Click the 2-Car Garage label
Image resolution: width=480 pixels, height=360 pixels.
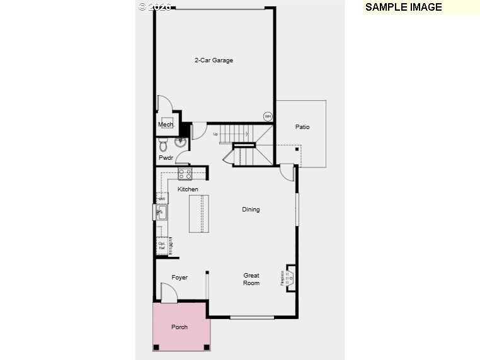pyautogui.click(x=214, y=60)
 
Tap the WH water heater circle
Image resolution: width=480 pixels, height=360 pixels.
pyautogui.click(x=268, y=116)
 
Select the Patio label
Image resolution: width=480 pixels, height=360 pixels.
pyautogui.click(x=302, y=127)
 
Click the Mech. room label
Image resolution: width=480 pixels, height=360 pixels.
pyautogui.click(x=166, y=125)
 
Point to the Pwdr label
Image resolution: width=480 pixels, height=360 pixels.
pyautogui.click(x=166, y=158)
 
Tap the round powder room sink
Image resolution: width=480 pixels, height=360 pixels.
pyautogui.click(x=181, y=142)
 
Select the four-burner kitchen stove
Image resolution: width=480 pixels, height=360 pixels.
pyautogui.click(x=185, y=173)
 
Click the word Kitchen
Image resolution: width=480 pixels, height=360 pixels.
pyautogui.click(x=188, y=189)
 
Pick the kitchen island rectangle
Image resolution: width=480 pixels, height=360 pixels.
pyautogui.click(x=199, y=214)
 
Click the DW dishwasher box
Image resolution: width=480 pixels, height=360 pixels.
pyautogui.click(x=162, y=199)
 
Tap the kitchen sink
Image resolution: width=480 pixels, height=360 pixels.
pyautogui.click(x=161, y=213)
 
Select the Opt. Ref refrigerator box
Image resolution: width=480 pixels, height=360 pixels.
pyautogui.click(x=162, y=245)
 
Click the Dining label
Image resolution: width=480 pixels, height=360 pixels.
pyautogui.click(x=251, y=210)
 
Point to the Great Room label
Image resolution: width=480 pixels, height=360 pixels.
pyautogui.click(x=251, y=279)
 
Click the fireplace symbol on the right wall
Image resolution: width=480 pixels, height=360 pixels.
pyautogui.click(x=289, y=277)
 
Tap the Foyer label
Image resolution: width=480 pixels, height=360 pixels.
pyautogui.click(x=180, y=278)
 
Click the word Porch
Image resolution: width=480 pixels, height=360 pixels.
pyautogui.click(x=180, y=327)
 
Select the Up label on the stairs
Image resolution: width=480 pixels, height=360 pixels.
pyautogui.click(x=215, y=134)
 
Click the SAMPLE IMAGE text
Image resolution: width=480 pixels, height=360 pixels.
pyautogui.click(x=404, y=8)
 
